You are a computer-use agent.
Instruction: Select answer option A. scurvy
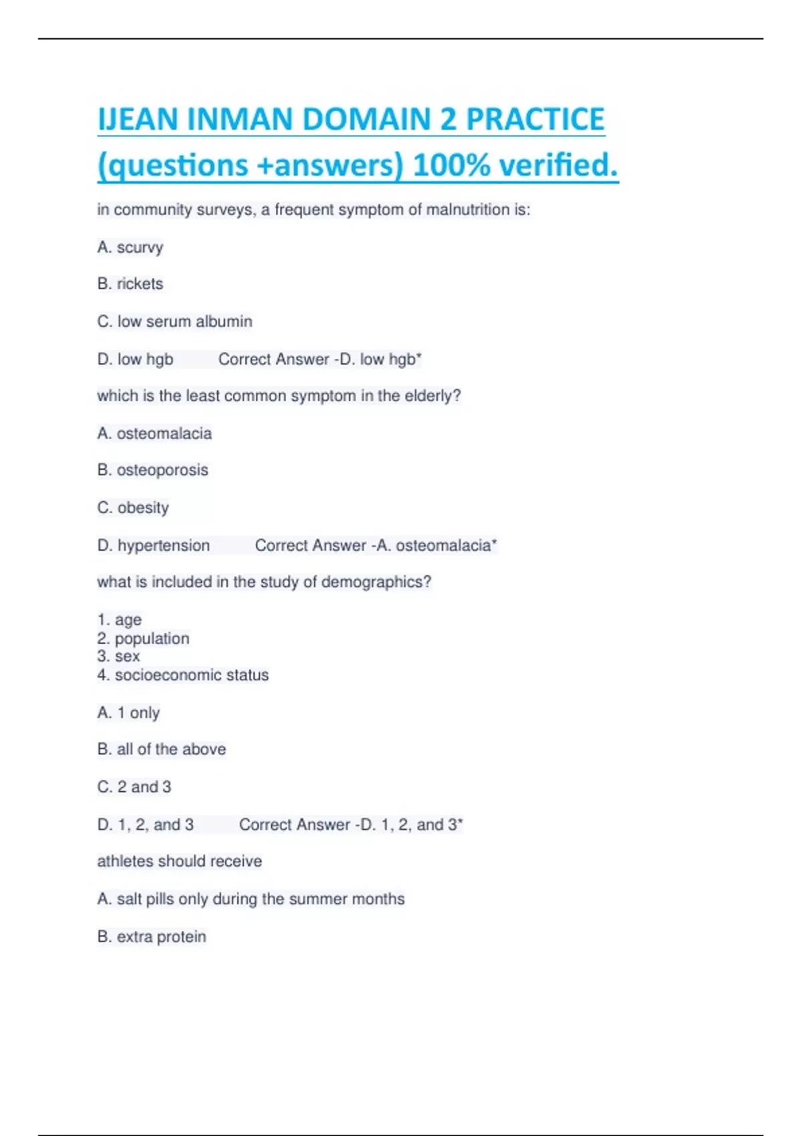[130, 247]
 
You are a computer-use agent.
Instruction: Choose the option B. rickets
[130, 284]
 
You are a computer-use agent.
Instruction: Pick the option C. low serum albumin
[174, 321]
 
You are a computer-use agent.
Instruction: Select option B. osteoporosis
[152, 470]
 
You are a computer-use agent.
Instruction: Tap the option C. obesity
[133, 508]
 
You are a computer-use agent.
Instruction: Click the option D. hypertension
[153, 546]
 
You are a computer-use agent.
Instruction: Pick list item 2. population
[143, 639]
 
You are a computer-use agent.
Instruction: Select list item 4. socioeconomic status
[182, 676]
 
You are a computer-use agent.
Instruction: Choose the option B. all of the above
[161, 750]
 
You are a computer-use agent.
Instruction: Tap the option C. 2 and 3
[134, 787]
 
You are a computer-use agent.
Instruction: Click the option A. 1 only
[128, 713]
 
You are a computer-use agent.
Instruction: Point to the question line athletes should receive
[179, 861]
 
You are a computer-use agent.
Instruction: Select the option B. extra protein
[151, 937]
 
